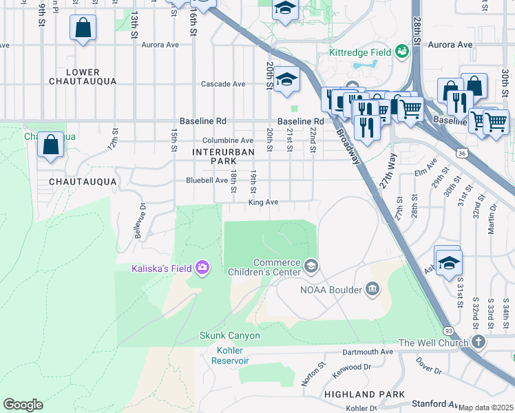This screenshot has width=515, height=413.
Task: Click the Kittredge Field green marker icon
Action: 401,52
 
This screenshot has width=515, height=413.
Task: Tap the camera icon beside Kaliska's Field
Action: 202,266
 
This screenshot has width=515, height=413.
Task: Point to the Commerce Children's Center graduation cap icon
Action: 311,266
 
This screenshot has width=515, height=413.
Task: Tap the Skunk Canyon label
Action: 230,335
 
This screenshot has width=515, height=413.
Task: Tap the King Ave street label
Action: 263,202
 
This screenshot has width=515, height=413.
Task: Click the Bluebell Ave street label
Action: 207,180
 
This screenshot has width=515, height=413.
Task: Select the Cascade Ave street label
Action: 223,84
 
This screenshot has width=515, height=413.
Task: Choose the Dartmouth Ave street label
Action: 368,352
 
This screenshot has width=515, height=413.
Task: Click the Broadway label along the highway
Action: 348,145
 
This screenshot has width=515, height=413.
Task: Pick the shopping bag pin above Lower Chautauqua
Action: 83,29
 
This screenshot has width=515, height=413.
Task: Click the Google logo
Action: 23,405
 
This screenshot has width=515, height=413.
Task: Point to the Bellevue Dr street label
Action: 140,220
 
